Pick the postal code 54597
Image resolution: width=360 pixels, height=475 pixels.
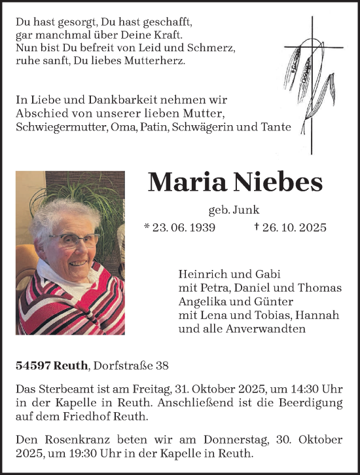click(x=33, y=365)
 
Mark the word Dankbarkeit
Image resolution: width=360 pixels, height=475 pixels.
click(x=109, y=100)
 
